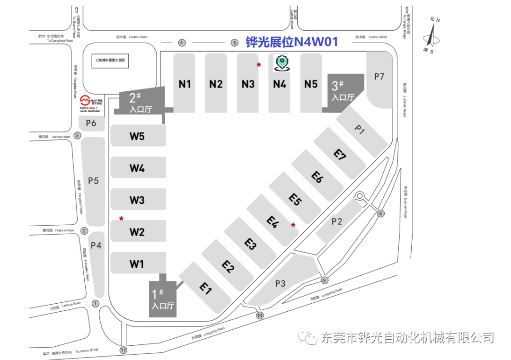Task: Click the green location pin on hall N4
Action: coord(282,63)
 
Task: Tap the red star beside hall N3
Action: coord(258,64)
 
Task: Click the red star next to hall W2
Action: coord(122,218)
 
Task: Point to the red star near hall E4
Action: coord(293,225)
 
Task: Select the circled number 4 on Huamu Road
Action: coord(182,43)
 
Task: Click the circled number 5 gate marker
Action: coord(234,43)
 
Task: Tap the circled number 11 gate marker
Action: coord(123,350)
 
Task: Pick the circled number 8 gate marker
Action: coord(381,214)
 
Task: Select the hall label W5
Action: coord(137,137)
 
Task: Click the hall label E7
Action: coord(340,155)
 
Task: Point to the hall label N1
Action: coord(185,84)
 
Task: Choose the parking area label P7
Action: coord(379,77)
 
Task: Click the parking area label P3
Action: coord(280,283)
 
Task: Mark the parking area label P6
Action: coord(91,123)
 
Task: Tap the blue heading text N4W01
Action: coord(316,43)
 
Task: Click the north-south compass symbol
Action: coord(432,36)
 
